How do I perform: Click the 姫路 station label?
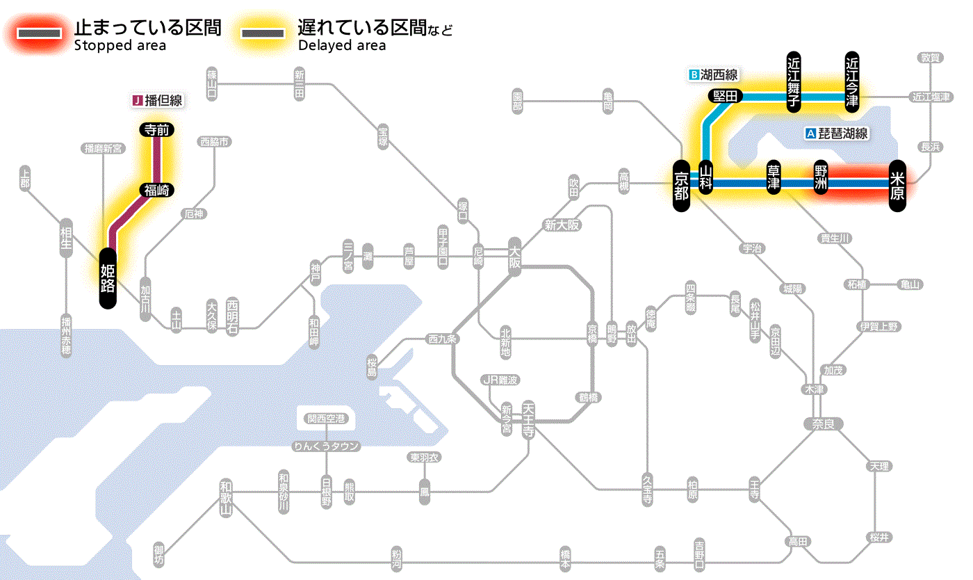point(108,277)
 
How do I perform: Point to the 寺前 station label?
point(157,129)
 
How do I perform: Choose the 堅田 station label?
point(726,96)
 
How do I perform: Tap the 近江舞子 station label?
point(794,81)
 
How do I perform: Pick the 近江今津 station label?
point(852,81)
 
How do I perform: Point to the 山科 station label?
point(706,179)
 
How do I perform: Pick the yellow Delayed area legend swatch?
point(262,33)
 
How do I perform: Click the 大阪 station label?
point(515,257)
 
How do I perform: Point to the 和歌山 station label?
point(225,498)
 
